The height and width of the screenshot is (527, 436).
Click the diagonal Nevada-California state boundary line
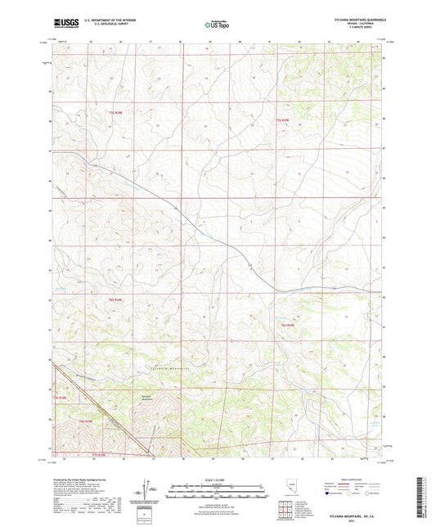(90, 409)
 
